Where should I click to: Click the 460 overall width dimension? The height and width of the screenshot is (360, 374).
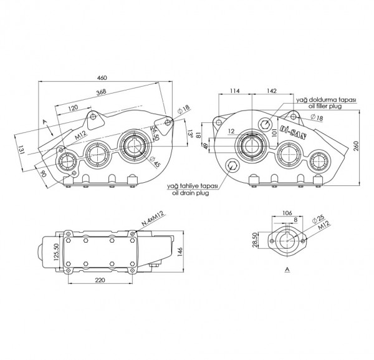102,77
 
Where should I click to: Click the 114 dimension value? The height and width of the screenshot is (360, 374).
235,91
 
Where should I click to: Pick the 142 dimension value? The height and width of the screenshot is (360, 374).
272,91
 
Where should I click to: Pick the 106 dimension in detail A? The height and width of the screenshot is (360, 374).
287,212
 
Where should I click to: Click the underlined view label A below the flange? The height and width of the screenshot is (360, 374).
286,270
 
